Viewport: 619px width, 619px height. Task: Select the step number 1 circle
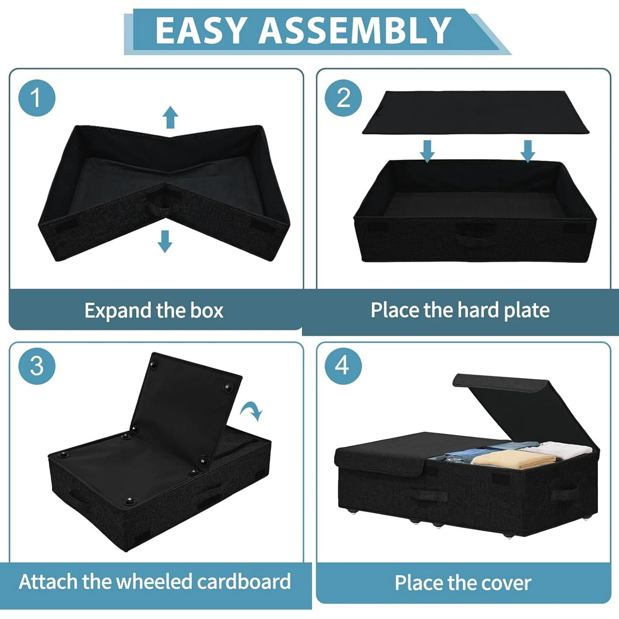tap(37, 98)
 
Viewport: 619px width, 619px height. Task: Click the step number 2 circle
tap(343, 98)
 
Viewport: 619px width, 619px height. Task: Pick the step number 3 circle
tap(37, 366)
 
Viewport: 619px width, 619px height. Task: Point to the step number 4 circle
tap(343, 366)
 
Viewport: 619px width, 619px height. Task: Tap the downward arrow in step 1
tap(165, 242)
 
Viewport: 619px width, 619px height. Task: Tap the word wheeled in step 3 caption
tap(155, 582)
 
